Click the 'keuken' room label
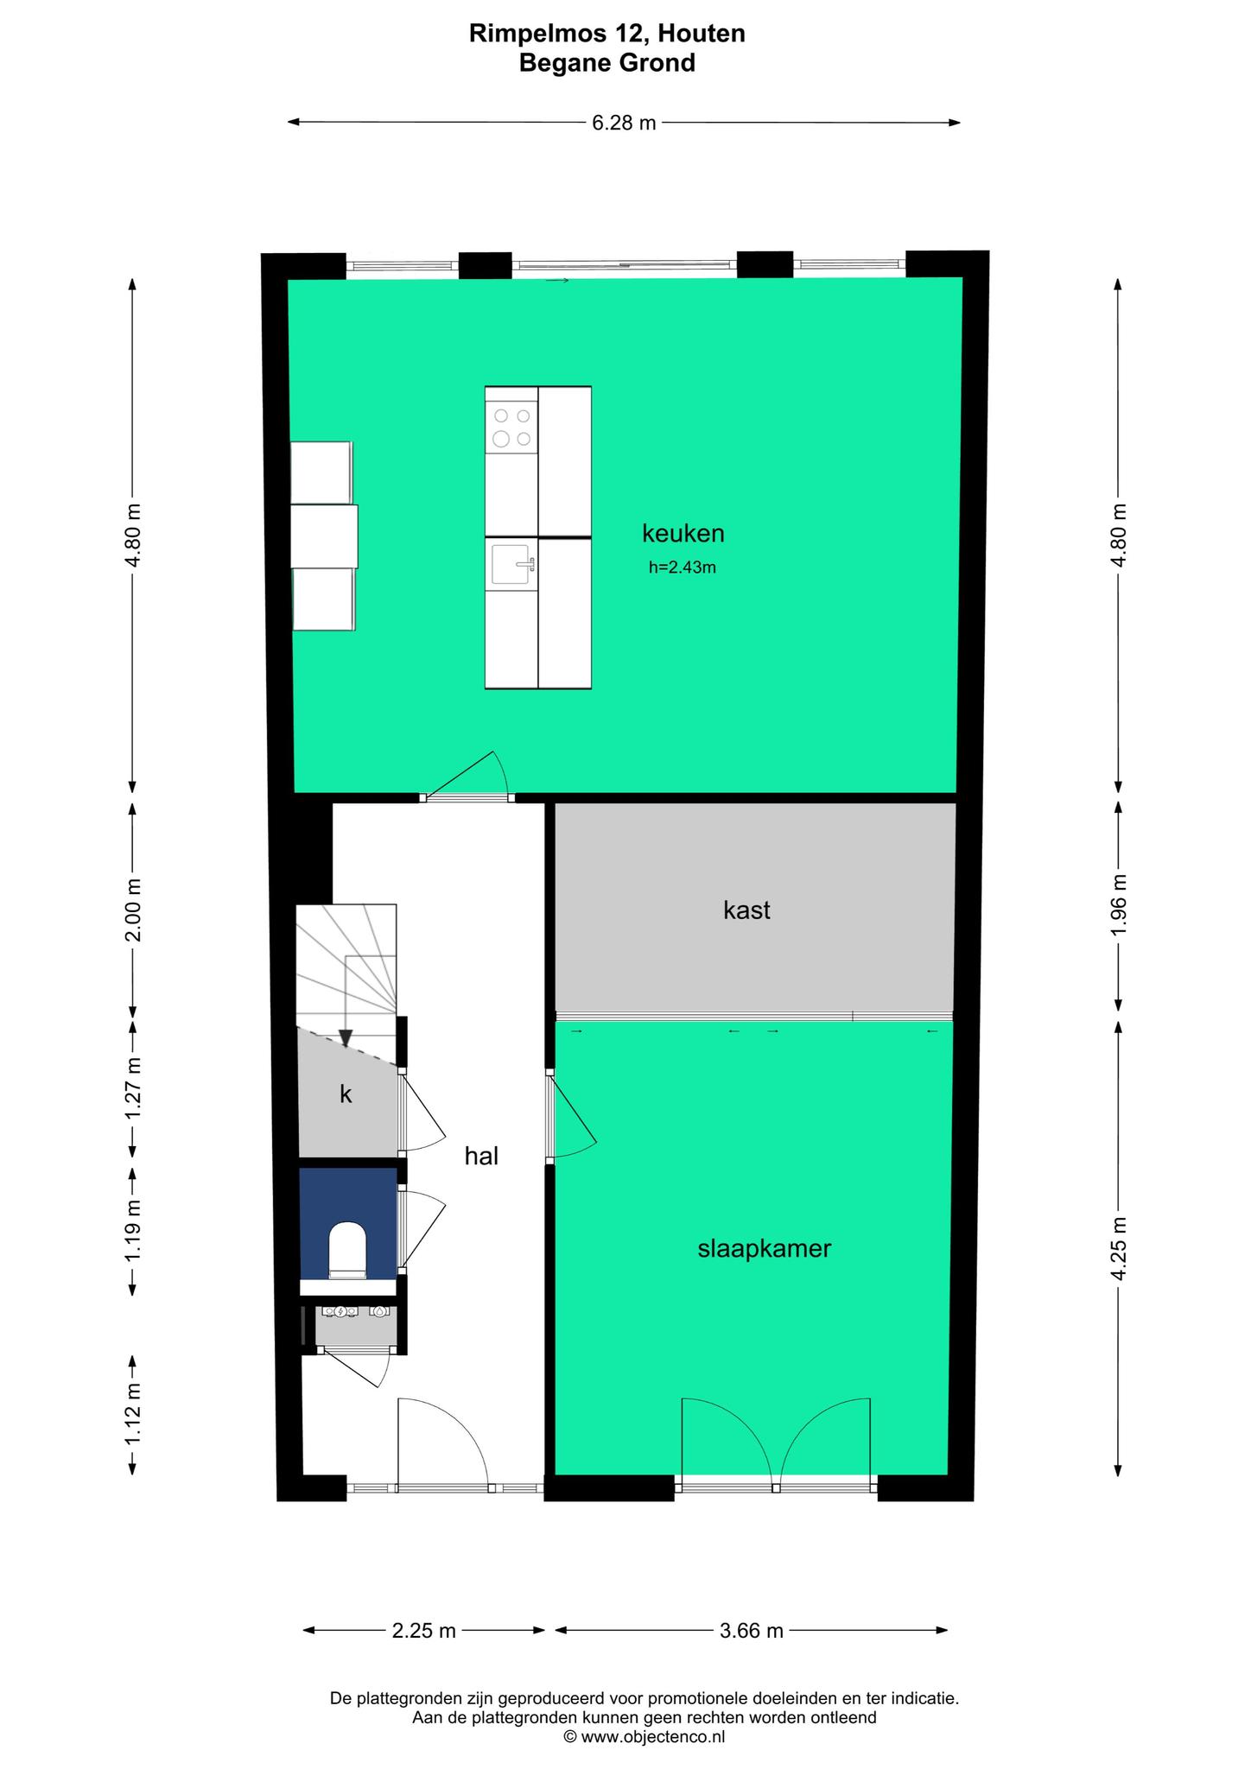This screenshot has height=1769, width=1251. [683, 534]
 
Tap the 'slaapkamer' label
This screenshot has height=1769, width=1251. [764, 1248]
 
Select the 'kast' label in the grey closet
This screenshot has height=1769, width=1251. [746, 910]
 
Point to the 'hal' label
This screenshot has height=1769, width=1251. [481, 1156]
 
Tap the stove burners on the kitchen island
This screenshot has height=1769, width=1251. [511, 427]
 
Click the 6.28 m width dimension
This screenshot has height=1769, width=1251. [624, 123]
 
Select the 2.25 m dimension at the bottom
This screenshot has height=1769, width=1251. [423, 1631]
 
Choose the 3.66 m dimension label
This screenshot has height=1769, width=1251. [751, 1631]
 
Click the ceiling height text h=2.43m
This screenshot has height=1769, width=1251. [683, 567]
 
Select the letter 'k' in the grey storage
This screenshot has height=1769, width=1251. [346, 1094]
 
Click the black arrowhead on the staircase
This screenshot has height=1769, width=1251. [346, 1038]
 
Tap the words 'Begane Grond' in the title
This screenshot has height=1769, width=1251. [607, 62]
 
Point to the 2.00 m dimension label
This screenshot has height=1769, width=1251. [132, 910]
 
